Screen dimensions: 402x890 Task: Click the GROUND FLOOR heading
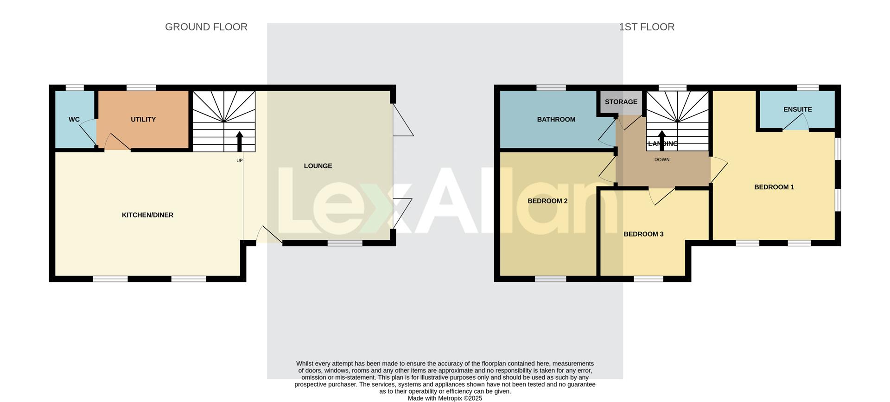[x=206, y=27]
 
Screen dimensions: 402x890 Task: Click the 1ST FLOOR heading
[x=646, y=27]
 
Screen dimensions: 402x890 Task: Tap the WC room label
[x=74, y=120]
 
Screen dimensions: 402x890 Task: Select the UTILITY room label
[x=143, y=120]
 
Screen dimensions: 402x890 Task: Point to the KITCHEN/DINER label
[x=147, y=215]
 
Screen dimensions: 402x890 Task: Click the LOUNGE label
[x=318, y=166]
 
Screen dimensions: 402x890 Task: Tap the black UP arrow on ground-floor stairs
[x=240, y=141]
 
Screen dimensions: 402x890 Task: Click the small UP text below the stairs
[x=240, y=160]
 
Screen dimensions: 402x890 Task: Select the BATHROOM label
[x=556, y=120]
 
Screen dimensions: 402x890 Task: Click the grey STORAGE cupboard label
[x=621, y=102]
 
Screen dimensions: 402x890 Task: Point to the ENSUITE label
[x=797, y=109]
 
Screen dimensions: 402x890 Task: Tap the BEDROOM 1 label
[x=774, y=187]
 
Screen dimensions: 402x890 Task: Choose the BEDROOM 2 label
[x=547, y=201]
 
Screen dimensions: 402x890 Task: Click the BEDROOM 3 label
[x=643, y=234]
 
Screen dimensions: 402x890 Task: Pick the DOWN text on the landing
[x=661, y=160]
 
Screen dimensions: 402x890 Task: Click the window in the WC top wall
[x=74, y=88]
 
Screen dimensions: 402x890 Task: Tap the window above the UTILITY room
[x=141, y=88]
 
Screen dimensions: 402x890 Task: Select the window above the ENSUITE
[x=807, y=88]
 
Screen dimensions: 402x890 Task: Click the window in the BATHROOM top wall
[x=551, y=88]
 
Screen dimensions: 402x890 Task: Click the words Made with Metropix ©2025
[x=445, y=398]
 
